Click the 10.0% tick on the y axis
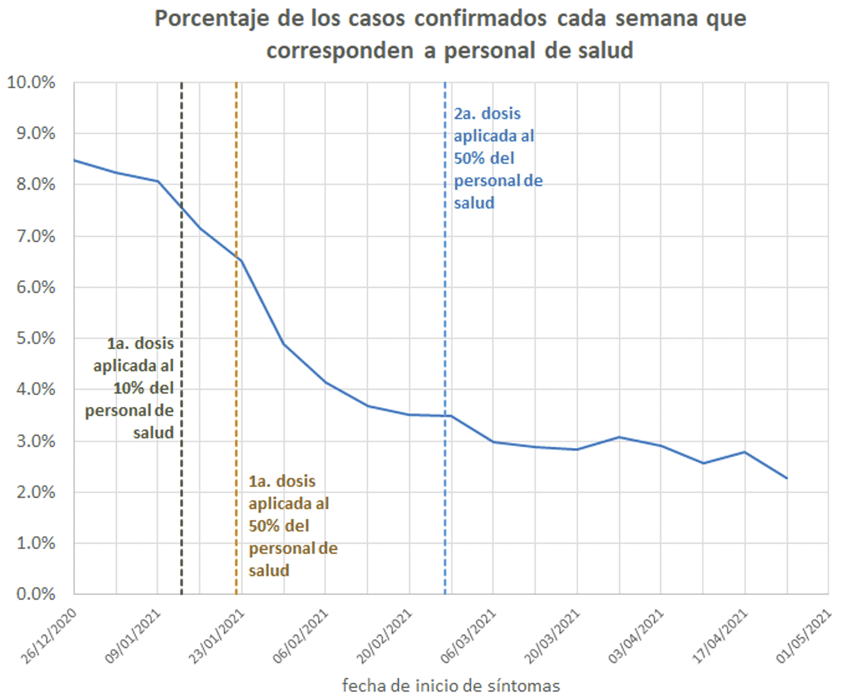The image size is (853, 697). pyautogui.click(x=31, y=82)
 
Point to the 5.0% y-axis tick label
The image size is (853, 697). pyautogui.click(x=35, y=338)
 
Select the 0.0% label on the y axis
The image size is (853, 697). pyautogui.click(x=35, y=593)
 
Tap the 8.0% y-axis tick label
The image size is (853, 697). pyautogui.click(x=35, y=185)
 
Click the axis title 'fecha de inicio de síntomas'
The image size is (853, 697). pyautogui.click(x=451, y=685)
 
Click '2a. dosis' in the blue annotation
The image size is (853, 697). pyautogui.click(x=487, y=114)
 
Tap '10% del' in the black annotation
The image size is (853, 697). pyautogui.click(x=144, y=388)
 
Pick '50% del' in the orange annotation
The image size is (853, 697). pyautogui.click(x=279, y=526)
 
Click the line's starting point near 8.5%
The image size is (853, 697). pyautogui.click(x=75, y=160)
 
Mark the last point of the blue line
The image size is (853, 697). pyautogui.click(x=786, y=478)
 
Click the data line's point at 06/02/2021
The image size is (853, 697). pyautogui.click(x=325, y=382)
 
